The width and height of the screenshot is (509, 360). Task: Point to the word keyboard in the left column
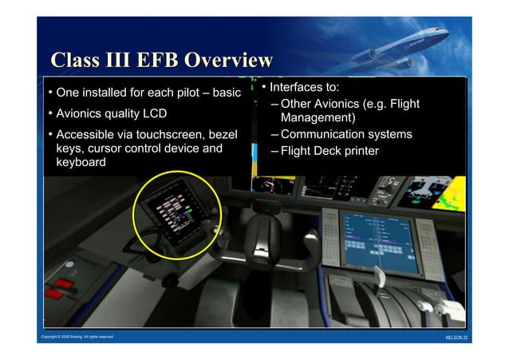coord(81,162)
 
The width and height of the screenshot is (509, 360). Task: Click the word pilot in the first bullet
coord(181,93)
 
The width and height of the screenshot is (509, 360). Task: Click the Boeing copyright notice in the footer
coord(77,337)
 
